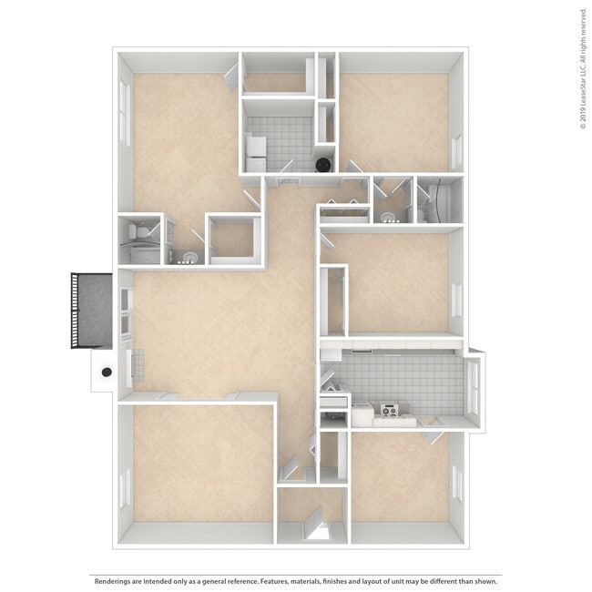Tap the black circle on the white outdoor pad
click(107, 372)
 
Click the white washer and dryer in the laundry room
click(256, 153)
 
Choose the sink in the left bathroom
click(188, 257)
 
